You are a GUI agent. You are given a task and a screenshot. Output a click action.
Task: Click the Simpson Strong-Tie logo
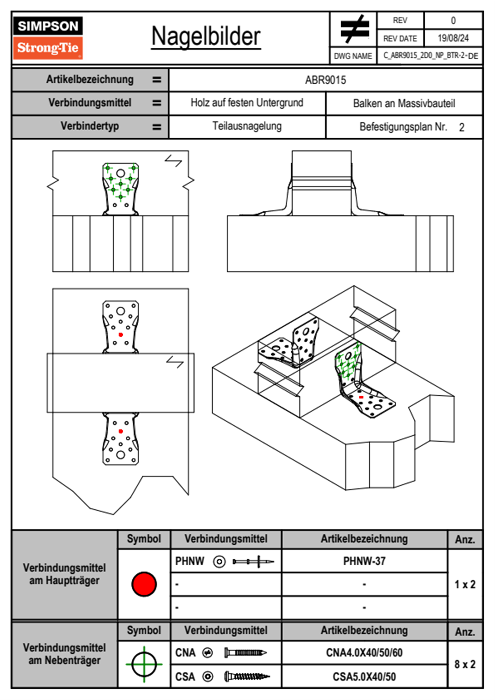point(48,37)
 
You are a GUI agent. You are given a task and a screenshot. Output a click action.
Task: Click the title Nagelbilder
point(206,37)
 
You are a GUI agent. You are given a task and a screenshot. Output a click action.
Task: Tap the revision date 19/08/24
point(453,38)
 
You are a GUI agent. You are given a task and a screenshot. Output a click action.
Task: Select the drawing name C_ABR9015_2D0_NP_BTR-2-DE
point(431,55)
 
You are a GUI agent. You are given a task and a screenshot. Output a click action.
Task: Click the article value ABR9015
point(325,80)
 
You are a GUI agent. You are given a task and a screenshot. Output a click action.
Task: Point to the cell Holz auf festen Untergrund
point(247,103)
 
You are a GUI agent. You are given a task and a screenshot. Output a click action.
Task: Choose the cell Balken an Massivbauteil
point(404,103)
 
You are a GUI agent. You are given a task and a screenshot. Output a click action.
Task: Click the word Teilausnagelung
point(247,126)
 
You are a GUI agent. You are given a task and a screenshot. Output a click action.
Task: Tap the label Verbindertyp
point(90,126)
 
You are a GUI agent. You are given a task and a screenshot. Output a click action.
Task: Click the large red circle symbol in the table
point(144,584)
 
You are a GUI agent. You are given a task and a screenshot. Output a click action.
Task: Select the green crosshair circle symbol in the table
point(144,664)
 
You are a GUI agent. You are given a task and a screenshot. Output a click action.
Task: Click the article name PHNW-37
point(364,561)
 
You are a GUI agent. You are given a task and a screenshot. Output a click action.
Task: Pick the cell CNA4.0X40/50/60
point(364,653)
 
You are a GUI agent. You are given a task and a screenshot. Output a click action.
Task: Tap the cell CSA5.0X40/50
point(364,677)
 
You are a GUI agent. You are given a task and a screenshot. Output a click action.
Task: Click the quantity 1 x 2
point(465,584)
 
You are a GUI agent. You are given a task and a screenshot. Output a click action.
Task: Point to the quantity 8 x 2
point(465,664)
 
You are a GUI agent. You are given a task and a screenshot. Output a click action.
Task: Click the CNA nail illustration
point(245,653)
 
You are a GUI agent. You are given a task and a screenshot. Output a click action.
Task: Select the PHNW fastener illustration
point(253,561)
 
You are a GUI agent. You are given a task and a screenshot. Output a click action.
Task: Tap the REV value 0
point(453,20)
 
